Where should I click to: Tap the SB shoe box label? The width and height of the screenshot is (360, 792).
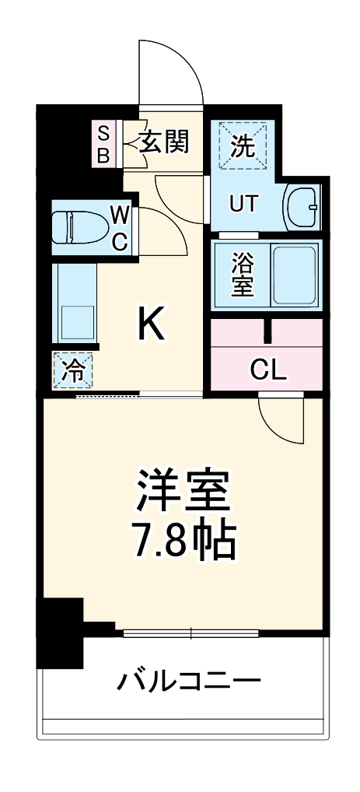click(x=103, y=142)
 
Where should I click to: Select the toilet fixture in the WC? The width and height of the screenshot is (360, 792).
click(x=75, y=227)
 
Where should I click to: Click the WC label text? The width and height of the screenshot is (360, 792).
click(x=119, y=227)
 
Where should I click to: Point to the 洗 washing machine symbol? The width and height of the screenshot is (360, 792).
click(x=243, y=146)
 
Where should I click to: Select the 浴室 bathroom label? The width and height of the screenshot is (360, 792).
click(x=242, y=274)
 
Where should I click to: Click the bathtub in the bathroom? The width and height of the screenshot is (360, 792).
click(x=294, y=275)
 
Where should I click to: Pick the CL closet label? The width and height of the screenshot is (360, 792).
click(x=267, y=370)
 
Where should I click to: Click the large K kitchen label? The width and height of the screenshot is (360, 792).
click(x=151, y=327)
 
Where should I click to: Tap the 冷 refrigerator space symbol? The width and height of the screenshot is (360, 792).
click(x=73, y=370)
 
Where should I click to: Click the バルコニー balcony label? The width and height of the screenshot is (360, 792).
click(x=188, y=682)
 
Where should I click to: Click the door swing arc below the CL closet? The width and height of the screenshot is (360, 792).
click(x=279, y=419)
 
